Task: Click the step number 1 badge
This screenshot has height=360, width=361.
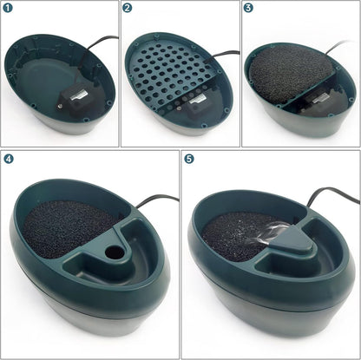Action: pos(9,9)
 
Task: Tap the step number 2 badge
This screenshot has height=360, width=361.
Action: pos(128,9)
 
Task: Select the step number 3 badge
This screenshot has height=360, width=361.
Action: pos(249,9)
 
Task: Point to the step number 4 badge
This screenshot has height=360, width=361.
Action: pos(9,160)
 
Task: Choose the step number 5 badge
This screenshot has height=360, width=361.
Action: pos(189,160)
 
